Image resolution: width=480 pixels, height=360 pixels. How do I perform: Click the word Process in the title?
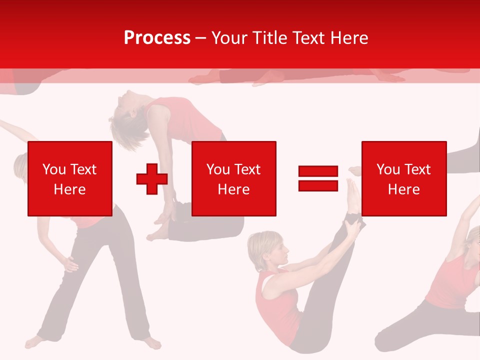pyautogui.click(x=157, y=38)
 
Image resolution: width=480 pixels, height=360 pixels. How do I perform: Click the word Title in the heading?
pyautogui.click(x=270, y=38)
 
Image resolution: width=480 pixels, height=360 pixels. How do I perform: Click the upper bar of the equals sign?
pyautogui.click(x=318, y=171)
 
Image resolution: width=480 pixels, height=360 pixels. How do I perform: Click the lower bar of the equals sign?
pyautogui.click(x=318, y=186)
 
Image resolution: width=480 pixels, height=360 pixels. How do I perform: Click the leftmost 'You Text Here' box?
pyautogui.click(x=70, y=178)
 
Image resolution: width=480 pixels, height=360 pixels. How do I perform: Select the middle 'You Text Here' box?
pyautogui.click(x=234, y=178)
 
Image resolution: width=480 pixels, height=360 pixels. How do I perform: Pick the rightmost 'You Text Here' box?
pyautogui.click(x=404, y=178)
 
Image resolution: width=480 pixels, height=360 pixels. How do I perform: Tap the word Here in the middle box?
pyautogui.click(x=234, y=189)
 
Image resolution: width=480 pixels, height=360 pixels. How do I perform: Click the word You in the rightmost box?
pyautogui.click(x=388, y=169)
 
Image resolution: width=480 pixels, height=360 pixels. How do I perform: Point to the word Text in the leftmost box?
pyautogui.click(x=83, y=169)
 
